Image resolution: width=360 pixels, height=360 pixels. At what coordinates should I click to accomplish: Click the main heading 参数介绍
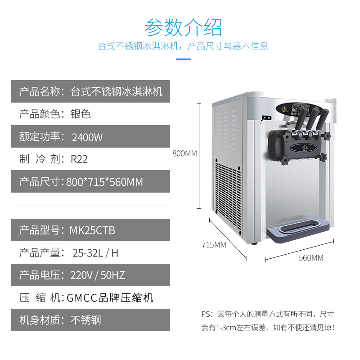[x=183, y=28]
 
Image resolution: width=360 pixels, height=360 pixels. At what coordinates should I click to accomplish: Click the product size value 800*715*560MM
[x=104, y=182]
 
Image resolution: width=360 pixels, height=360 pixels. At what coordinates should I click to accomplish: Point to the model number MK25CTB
[x=92, y=230]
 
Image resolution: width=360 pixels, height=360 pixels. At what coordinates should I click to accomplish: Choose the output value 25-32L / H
[x=95, y=253]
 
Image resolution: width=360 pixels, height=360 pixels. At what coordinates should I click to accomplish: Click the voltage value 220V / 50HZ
[x=98, y=275]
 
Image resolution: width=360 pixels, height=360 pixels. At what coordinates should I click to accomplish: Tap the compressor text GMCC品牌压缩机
[x=110, y=297]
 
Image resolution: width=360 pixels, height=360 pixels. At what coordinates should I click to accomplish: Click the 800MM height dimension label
[x=184, y=153]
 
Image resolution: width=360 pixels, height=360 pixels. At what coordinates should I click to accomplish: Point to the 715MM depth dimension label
[x=213, y=245]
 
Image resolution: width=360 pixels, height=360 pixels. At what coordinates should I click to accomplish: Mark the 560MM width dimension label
[x=311, y=258]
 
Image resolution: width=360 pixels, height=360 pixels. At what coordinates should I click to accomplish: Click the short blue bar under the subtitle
[x=183, y=59]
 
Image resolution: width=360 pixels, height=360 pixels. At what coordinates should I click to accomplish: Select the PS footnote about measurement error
[x=268, y=320]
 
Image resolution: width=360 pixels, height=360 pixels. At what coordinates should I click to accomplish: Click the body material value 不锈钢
[x=86, y=320]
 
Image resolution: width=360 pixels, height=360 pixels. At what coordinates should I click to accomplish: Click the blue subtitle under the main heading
[x=183, y=46]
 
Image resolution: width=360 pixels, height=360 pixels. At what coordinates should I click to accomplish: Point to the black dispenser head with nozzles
[x=297, y=144]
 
